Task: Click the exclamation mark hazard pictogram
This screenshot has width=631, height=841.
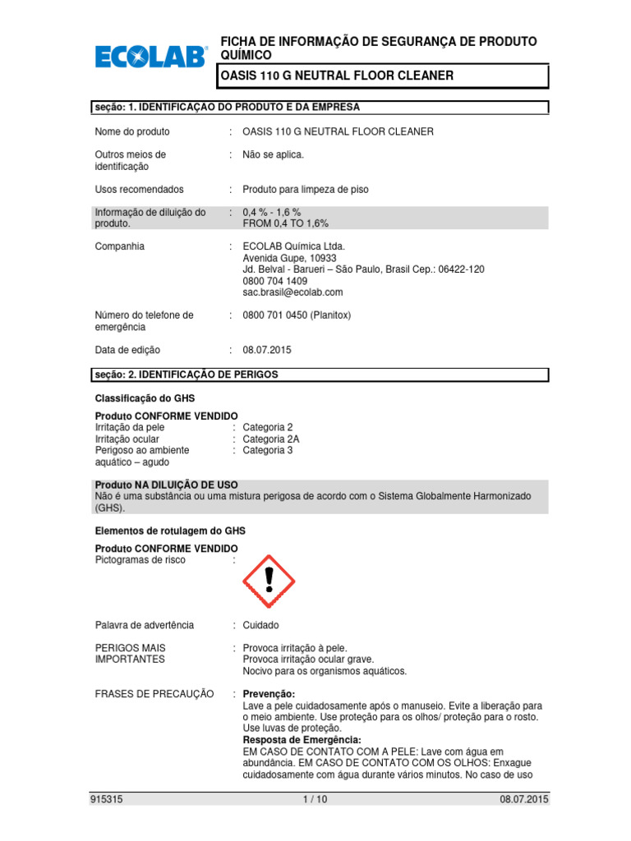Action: click(269, 581)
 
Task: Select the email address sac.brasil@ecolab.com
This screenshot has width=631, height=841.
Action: click(292, 292)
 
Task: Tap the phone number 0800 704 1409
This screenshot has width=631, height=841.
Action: click(274, 280)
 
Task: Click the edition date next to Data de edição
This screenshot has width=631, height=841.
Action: click(266, 350)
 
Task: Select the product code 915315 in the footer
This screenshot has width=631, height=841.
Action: click(109, 799)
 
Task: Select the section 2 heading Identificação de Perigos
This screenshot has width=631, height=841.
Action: click(187, 375)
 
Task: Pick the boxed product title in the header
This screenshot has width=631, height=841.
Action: click(381, 76)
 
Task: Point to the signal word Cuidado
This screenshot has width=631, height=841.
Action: click(261, 625)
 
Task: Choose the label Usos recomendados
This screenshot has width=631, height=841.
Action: click(140, 189)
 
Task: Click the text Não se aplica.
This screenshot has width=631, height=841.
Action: click(273, 154)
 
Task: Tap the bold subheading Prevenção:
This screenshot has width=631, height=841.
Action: click(269, 694)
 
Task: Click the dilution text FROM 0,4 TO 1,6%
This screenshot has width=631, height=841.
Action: click(285, 223)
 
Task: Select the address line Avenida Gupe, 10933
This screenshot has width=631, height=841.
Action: click(285, 257)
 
